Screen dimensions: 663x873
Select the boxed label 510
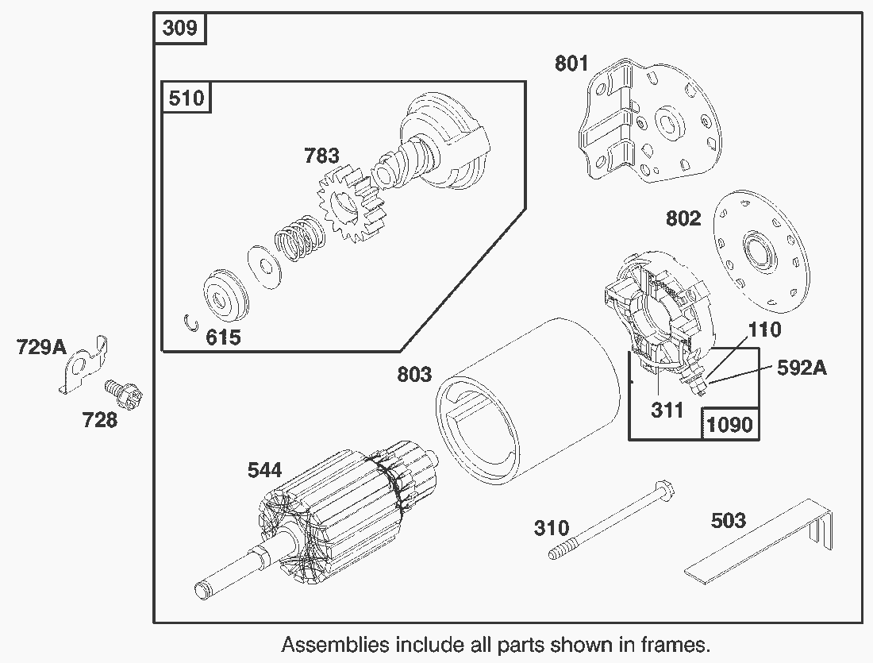(x=187, y=98)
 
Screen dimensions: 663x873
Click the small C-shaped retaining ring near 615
(x=189, y=322)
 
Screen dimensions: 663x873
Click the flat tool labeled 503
(x=762, y=548)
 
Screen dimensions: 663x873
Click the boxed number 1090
(x=729, y=424)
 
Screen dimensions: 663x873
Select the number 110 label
(x=764, y=329)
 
